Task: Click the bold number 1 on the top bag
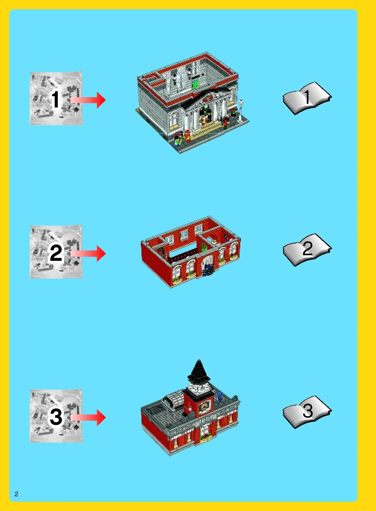point(55,99)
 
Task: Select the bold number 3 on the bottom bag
point(56,417)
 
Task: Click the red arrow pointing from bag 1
point(88,100)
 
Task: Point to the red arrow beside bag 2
point(88,253)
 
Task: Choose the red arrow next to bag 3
point(88,418)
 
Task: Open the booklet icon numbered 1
point(307,98)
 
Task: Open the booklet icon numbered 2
point(307,250)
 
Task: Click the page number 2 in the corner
point(16,494)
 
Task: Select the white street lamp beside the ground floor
point(240,111)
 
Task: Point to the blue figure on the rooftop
point(220,396)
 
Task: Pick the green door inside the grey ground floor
point(195,83)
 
